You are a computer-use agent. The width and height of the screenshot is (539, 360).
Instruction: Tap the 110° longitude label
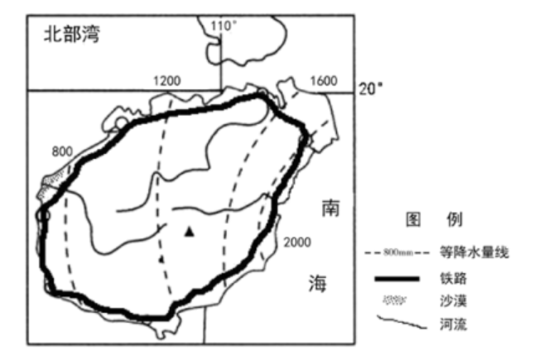click(224, 26)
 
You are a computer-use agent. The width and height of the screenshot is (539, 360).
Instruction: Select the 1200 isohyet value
click(166, 80)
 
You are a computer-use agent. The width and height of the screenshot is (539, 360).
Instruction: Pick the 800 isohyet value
click(62, 152)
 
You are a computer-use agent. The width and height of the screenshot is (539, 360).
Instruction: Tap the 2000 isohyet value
click(297, 241)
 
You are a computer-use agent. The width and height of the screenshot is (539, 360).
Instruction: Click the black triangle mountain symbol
click(190, 233)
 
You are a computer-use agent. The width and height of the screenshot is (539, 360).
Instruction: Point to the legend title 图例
click(433, 220)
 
